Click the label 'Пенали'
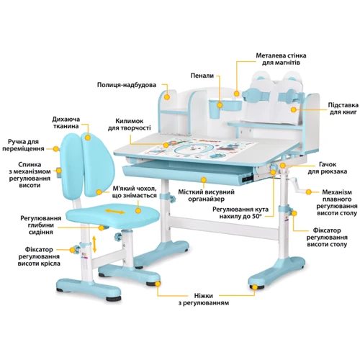click(202, 76)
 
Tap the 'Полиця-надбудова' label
click(127, 85)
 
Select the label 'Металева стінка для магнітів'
click(281, 59)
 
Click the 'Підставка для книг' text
click(343, 109)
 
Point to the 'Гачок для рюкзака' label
click(328, 168)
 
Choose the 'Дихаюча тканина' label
click(66, 122)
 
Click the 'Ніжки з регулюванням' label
click(204, 299)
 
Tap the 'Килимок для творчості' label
click(129, 125)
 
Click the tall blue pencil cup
click(214, 109)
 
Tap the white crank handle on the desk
click(297, 185)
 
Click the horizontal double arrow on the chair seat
click(115, 212)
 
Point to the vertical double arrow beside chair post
click(94, 244)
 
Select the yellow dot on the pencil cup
click(220, 105)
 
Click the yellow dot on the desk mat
click(166, 145)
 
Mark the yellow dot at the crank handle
click(309, 192)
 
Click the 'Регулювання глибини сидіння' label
click(41, 225)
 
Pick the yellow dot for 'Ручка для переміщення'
click(56, 149)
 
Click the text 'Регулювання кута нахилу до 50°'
click(240, 212)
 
